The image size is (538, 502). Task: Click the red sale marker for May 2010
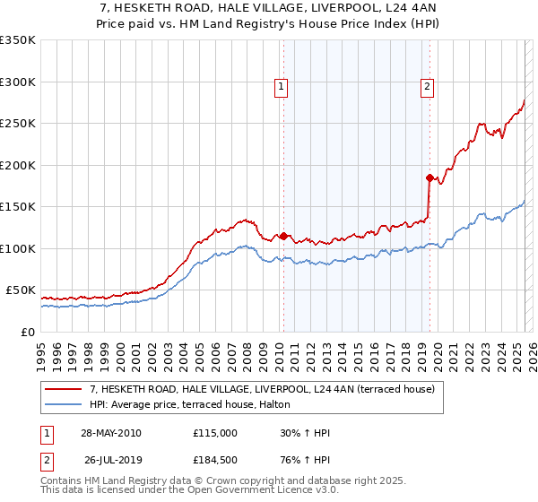tap(284, 237)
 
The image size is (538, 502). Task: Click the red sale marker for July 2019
tap(430, 177)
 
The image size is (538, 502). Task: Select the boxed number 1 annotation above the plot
tap(281, 87)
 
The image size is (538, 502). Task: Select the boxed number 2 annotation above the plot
tap(426, 87)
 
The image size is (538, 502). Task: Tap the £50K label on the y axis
tap(21, 290)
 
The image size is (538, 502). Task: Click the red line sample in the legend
tap(65, 389)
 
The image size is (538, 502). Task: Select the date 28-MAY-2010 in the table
tap(111, 433)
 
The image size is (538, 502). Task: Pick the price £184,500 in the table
tap(215, 460)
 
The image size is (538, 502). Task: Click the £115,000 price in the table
tap(215, 433)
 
